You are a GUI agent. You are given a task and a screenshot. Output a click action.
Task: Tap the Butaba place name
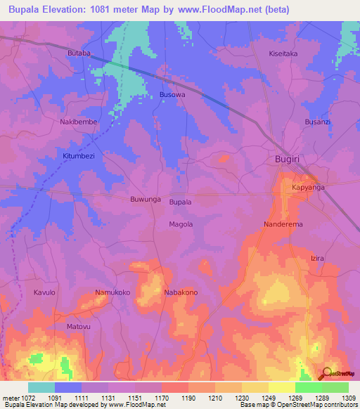coord(79,53)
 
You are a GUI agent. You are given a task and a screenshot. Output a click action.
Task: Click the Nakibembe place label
coord(78,122)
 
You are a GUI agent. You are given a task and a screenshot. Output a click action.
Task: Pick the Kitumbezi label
coord(79,155)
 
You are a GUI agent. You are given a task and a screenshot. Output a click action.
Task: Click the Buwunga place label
coord(146,200)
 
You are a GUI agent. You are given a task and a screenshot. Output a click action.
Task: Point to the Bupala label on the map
coord(180,202)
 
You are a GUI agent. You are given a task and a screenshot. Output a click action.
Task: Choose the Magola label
coord(181,224)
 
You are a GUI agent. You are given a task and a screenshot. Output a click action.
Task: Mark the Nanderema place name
coord(283,224)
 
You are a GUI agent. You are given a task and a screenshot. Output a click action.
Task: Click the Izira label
coord(317,259)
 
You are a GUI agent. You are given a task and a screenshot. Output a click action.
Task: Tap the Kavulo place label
coord(44,292)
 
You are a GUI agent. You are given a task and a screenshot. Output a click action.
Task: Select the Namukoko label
coord(112,292)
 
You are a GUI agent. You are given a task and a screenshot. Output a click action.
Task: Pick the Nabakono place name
coord(181,292)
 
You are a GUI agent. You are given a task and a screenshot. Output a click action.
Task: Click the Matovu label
coord(79,327)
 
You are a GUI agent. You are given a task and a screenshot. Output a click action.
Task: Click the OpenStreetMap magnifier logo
coord(327,373)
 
